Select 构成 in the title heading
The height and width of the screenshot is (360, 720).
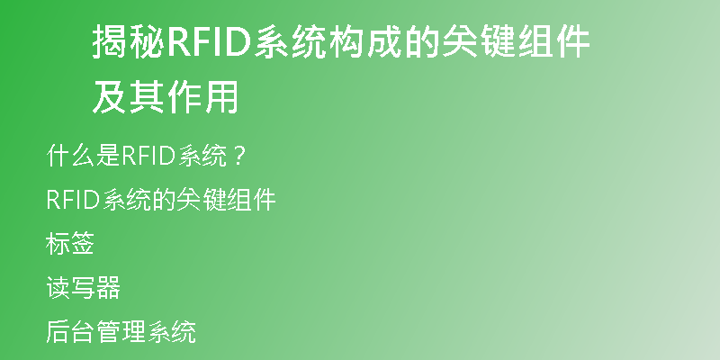pos(365,41)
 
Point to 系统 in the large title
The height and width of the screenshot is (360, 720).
pos(290,41)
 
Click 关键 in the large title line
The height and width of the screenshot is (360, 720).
pos(479,41)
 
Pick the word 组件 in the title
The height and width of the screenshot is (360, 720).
pos(554,41)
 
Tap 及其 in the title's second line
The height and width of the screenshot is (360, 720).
pos(129,97)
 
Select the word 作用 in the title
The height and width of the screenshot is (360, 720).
pos(202,97)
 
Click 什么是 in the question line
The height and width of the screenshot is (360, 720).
pos(83,156)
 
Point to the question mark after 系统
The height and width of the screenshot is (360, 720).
pos(238,157)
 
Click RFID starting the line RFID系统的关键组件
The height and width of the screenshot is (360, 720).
pos(74,200)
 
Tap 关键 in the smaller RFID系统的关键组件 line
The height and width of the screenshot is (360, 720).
pos(201,200)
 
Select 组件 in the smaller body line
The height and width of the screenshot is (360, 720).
pos(251,200)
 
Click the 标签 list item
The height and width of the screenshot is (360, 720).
pos(70,243)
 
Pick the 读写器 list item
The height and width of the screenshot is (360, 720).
pos(83,287)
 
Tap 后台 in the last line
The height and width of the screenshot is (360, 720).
pos(70,331)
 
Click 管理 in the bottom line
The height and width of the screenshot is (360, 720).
pos(121,331)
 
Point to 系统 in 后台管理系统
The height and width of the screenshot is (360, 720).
pos(172,331)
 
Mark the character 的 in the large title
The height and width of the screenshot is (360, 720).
pos(422,41)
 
